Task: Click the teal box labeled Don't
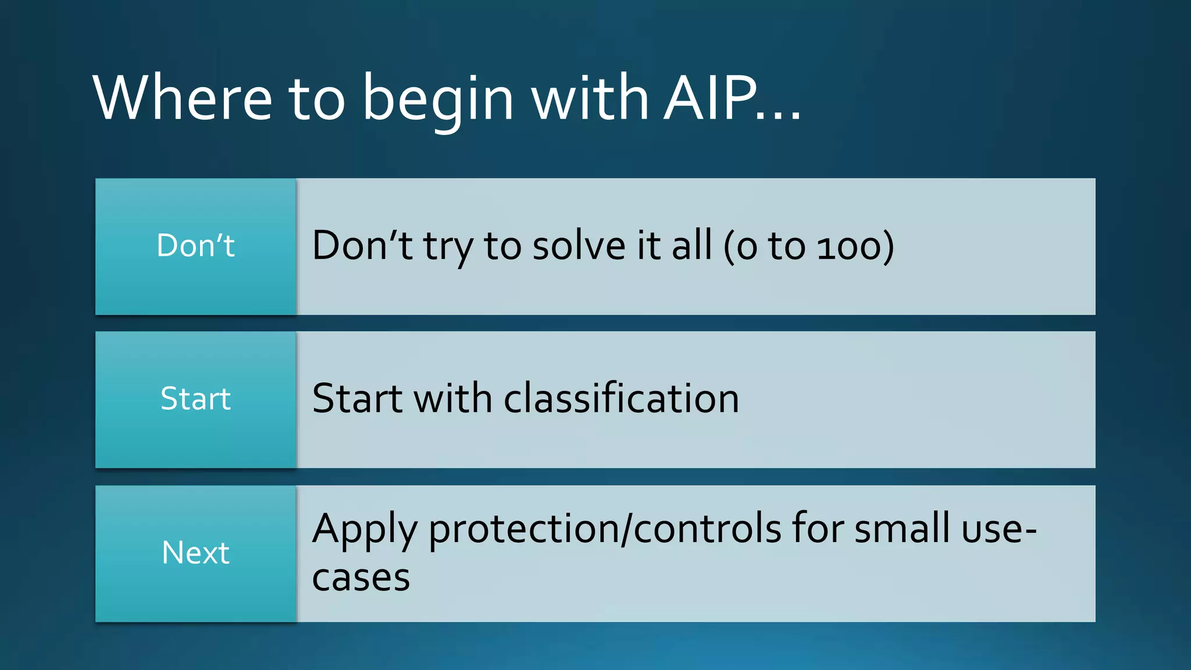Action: pos(196,246)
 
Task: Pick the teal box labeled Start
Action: pos(196,400)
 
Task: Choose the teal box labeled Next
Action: pos(196,553)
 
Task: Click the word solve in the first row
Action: pos(579,245)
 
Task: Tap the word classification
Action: pos(621,399)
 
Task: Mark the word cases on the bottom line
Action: pos(361,578)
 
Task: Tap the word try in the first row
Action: pos(448,248)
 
